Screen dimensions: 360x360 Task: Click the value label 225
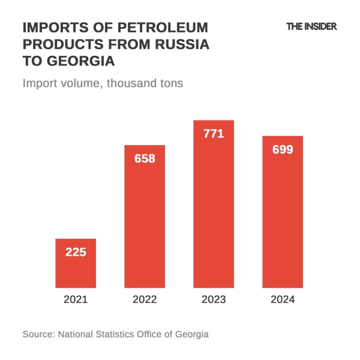(76, 252)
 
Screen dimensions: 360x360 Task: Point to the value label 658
(145, 158)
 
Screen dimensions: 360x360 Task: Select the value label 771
(214, 134)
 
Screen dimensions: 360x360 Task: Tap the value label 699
(283, 149)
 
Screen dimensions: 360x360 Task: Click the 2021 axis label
(76, 299)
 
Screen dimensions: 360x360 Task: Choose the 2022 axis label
(145, 299)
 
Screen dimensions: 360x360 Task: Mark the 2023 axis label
(214, 299)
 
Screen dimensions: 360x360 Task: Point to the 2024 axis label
(283, 299)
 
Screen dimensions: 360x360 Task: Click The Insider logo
(311, 26)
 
